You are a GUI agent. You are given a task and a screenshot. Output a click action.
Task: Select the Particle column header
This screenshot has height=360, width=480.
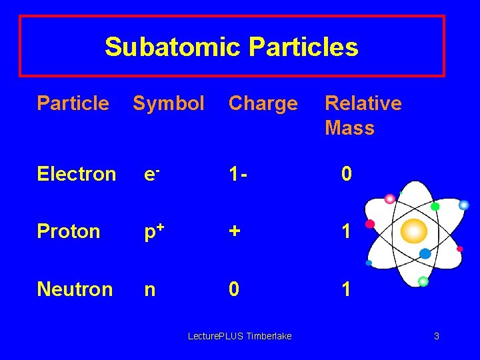point(73,103)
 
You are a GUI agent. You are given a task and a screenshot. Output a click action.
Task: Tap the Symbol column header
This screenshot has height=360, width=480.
point(169,103)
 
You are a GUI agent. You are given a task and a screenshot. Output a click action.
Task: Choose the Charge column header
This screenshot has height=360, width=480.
point(263,103)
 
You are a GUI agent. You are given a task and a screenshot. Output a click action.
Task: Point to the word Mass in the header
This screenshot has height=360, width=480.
point(349,128)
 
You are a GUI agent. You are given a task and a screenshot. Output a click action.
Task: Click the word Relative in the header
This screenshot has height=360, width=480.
point(363,103)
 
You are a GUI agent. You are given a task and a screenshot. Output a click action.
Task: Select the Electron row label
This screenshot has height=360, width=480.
point(77,174)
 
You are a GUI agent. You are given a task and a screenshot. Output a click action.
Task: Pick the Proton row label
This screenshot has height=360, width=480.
point(69,231)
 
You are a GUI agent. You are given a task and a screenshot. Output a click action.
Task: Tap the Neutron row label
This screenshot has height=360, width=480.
point(75,289)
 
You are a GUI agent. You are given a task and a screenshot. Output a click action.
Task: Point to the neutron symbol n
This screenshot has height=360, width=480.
point(151,290)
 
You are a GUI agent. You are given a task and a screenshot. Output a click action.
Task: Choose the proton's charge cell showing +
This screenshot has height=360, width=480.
point(235,231)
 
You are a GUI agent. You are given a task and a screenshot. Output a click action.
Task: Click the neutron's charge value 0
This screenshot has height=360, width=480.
point(234,289)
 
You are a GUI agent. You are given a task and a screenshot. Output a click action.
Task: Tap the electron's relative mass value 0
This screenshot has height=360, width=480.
point(347,174)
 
